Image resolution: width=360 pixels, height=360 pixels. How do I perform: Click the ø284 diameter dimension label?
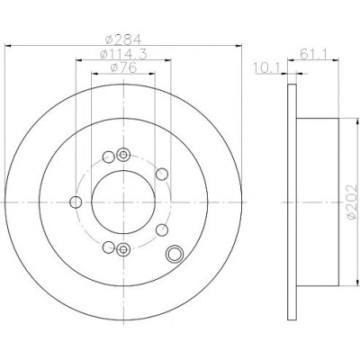point(123,39)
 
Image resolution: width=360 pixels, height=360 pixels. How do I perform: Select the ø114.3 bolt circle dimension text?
point(123,54)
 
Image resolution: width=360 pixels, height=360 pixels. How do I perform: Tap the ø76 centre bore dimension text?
point(123,68)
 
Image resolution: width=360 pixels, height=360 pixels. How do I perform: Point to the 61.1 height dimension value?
point(313,54)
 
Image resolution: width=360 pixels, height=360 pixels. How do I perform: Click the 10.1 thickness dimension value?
point(267,67)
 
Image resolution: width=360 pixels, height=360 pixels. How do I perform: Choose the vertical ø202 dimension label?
point(352,202)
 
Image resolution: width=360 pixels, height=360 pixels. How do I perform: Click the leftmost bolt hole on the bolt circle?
point(76,202)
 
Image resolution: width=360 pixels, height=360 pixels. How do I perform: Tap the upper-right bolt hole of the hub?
point(162,174)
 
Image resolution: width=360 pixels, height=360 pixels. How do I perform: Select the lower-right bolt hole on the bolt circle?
point(162,230)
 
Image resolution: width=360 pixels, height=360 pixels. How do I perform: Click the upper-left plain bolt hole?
point(109,157)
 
